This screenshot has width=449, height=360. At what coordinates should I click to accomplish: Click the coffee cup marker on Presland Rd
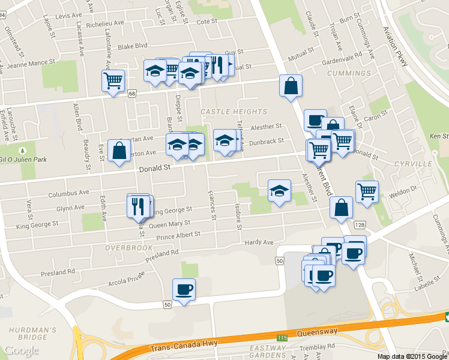click(x=184, y=289)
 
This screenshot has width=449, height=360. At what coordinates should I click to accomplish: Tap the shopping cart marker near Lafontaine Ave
click(x=113, y=80)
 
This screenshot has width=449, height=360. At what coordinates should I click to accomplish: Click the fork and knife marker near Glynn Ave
click(x=139, y=206)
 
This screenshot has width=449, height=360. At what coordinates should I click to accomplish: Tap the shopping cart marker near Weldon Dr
click(x=367, y=191)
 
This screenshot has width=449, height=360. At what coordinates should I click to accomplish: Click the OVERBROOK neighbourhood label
click(x=129, y=247)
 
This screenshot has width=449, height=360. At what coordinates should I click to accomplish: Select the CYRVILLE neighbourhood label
click(x=413, y=163)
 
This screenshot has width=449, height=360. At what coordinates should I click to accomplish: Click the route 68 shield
click(x=132, y=92)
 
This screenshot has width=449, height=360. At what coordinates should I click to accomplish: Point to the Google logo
click(x=22, y=350)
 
